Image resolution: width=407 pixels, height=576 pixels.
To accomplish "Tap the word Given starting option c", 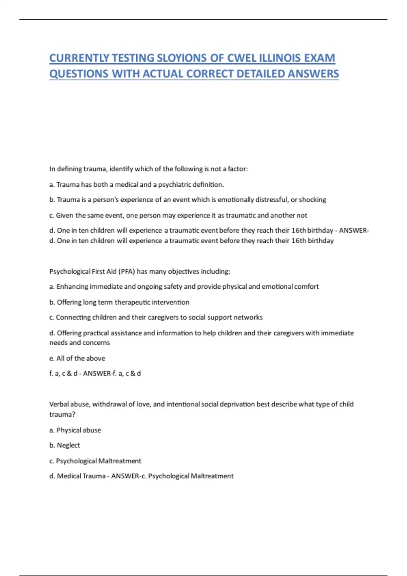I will pos(64,215).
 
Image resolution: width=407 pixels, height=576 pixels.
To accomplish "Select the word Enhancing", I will pos(72,287).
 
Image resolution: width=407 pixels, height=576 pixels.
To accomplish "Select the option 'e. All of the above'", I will pos(77,358).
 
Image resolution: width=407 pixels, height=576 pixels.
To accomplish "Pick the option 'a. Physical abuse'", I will pos(75,430).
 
